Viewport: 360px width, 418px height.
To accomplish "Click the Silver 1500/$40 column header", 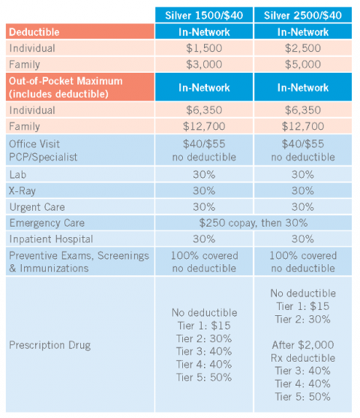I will coord(204,15).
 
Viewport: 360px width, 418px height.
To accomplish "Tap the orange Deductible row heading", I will coord(34,32).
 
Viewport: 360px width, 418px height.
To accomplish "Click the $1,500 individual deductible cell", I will coord(204,48).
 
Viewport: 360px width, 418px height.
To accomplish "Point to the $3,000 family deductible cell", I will coord(204,64).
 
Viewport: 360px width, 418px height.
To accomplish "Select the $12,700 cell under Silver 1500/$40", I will coord(204,126).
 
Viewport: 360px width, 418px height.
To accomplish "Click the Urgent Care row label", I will coord(37,206).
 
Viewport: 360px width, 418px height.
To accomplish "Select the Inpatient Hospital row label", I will coord(51,239).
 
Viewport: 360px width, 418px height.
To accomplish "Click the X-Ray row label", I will coord(24,191).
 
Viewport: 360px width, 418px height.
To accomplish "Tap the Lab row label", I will coord(19,175).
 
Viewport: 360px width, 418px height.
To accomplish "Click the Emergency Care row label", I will coord(46,223).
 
